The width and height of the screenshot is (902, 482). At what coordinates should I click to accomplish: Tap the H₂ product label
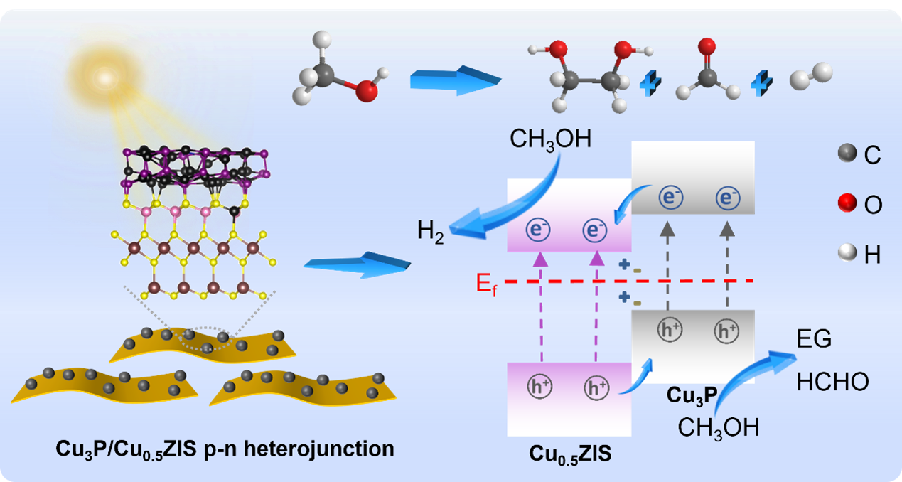click(x=431, y=232)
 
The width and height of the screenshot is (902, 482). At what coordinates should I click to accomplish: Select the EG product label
click(x=814, y=339)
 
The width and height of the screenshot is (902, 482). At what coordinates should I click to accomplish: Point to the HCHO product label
click(x=832, y=382)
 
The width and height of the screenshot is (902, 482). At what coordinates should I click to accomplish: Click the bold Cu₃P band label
click(x=691, y=396)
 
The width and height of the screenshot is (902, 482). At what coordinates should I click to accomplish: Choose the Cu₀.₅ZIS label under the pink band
click(x=569, y=453)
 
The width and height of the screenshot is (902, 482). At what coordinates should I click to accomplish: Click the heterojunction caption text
click(x=225, y=450)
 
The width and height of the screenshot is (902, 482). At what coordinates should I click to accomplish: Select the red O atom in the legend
click(x=847, y=204)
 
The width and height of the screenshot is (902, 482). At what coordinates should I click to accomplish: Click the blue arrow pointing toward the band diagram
click(x=358, y=263)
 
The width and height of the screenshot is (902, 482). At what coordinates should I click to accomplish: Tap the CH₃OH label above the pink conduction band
click(x=550, y=139)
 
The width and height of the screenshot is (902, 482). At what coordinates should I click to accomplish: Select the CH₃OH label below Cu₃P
click(x=718, y=428)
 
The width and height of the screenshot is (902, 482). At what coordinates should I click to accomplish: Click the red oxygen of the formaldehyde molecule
click(x=706, y=48)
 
